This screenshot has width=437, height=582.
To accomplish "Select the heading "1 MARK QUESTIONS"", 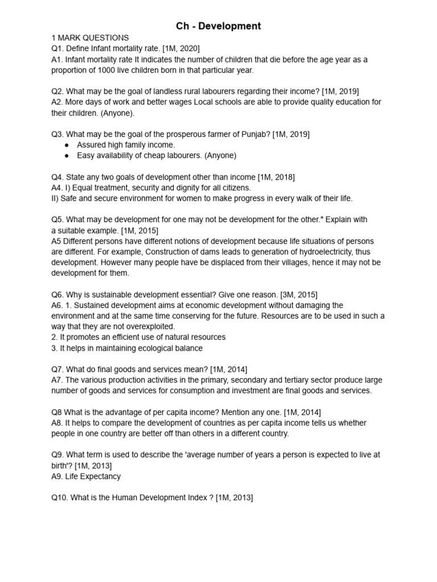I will coord(90,38).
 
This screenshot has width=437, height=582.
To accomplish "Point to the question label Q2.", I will coord(57,91).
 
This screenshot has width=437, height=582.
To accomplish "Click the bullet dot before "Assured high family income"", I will coord(68,145).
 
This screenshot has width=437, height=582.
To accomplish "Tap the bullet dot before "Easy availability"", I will coord(68,155).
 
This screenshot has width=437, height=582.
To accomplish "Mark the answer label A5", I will coord(57,241).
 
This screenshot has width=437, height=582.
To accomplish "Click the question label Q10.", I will coord(60,497).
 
